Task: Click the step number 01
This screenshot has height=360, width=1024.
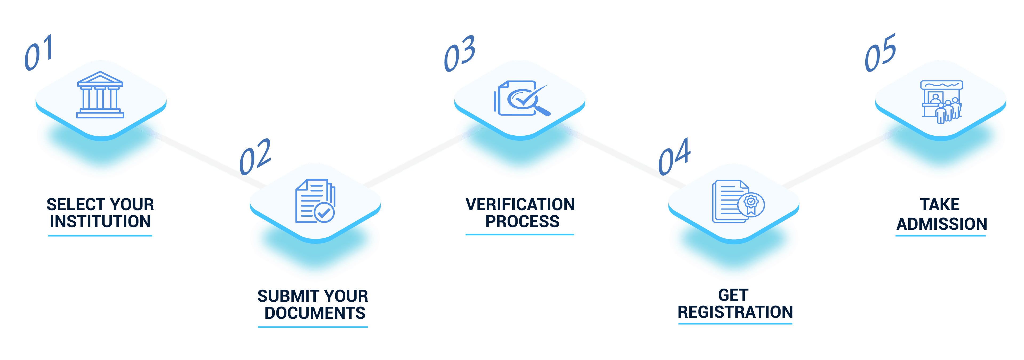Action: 39,53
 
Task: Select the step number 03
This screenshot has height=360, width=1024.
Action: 459,54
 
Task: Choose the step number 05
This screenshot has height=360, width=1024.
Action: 881,53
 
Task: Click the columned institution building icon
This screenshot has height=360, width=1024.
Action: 100,95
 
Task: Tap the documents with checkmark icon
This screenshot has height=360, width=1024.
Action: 315,201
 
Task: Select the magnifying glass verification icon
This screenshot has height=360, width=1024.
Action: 522,99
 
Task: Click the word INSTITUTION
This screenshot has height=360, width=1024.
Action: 100,222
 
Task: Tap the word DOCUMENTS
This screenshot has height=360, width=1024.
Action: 315,313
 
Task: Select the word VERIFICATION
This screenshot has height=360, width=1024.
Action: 520,205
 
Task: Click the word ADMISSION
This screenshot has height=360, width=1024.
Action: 941,224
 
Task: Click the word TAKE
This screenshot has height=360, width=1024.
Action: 940,205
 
